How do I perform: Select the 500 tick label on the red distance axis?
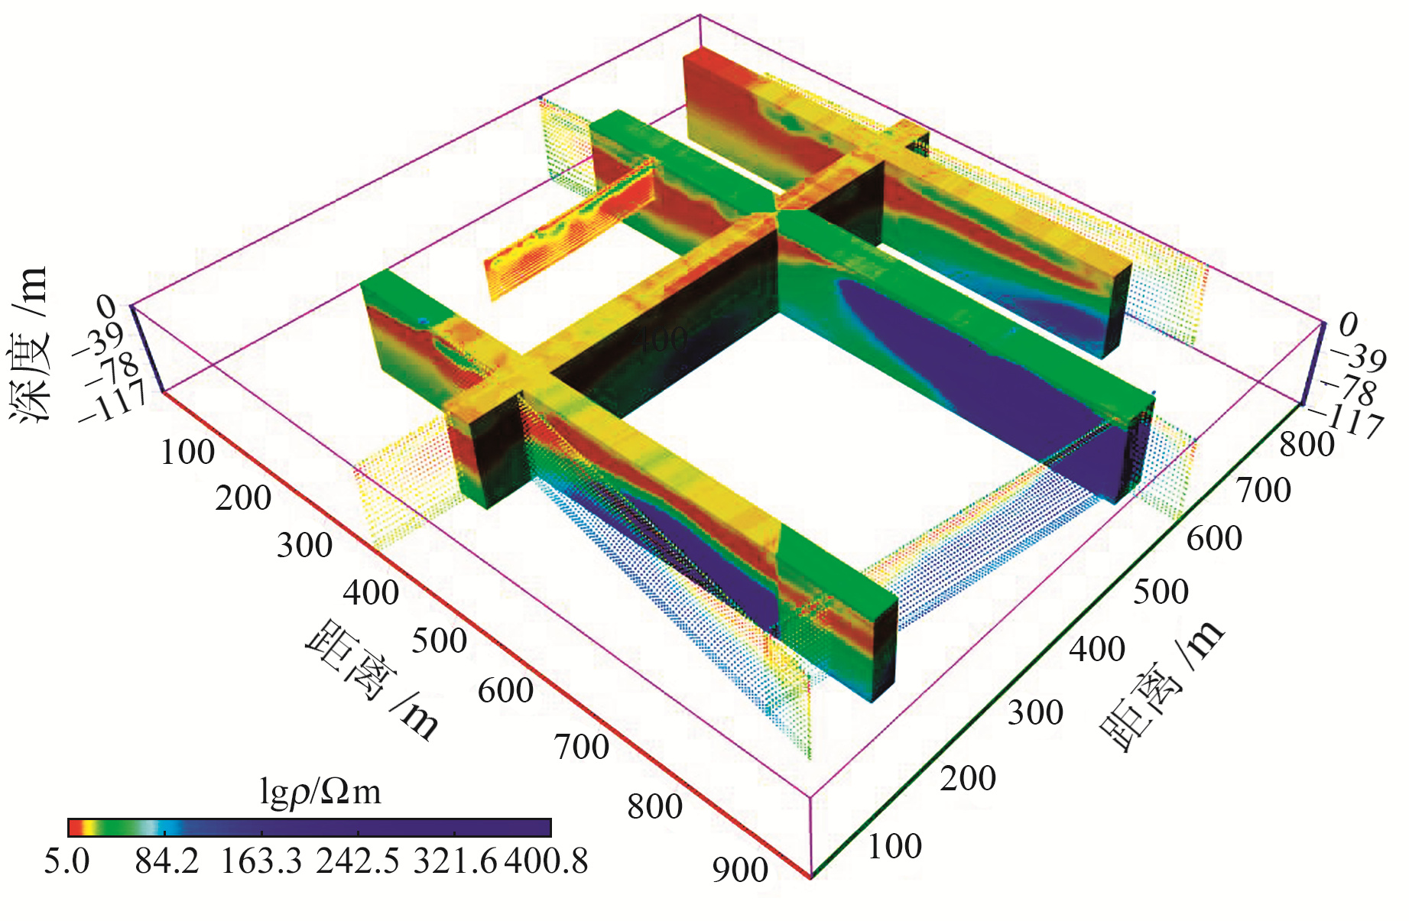point(439,640)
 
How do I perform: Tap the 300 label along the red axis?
point(304,546)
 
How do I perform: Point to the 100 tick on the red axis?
point(187,452)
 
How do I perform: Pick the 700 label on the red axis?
point(582,747)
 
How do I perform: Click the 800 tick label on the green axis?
point(1307,444)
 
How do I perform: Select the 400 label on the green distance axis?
point(1096,649)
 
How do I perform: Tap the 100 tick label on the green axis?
point(894,846)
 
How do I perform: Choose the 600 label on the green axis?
point(1214,538)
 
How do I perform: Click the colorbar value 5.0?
point(67,861)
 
